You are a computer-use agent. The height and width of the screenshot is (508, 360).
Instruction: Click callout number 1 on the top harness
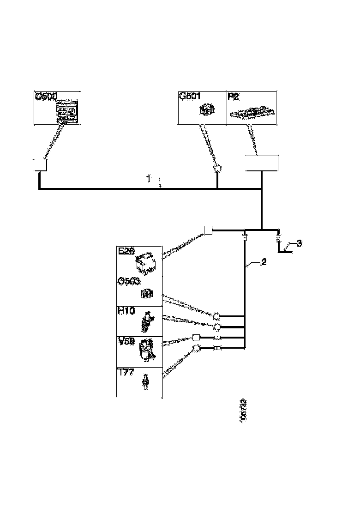149,177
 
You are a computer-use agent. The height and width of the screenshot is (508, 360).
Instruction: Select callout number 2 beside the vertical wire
264,262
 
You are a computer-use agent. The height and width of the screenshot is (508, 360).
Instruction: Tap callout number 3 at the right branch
299,243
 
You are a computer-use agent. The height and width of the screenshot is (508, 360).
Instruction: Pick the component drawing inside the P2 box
252,113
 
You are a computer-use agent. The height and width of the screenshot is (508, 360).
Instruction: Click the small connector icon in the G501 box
206,110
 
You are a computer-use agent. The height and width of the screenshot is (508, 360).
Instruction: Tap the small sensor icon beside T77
146,382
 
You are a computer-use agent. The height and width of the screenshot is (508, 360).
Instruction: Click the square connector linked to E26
208,230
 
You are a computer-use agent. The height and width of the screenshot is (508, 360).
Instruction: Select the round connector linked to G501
217,169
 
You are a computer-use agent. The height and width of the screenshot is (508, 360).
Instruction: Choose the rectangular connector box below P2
262,164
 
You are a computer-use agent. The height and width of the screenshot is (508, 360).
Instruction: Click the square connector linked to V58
196,338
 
